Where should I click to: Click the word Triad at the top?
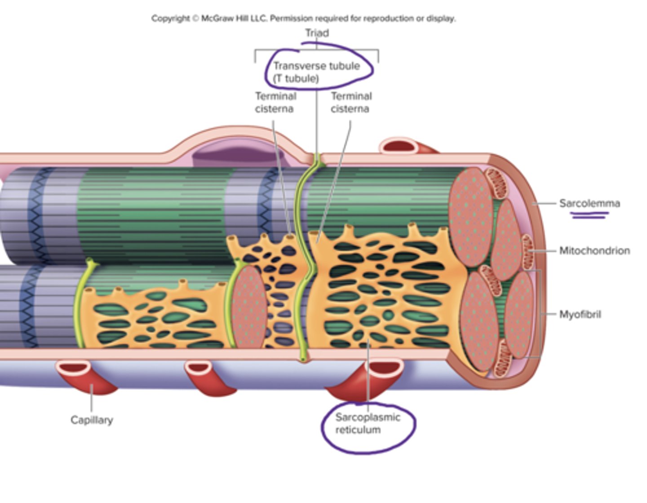(x=317, y=33)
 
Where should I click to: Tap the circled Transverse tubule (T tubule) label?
(x=316, y=72)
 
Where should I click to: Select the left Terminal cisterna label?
(x=275, y=102)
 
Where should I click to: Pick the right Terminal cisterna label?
(x=351, y=102)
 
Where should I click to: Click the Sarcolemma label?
(x=589, y=203)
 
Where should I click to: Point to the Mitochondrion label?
(x=594, y=251)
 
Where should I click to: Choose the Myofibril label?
(x=580, y=314)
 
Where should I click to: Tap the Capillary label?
(x=92, y=420)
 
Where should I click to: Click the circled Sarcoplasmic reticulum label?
(x=367, y=424)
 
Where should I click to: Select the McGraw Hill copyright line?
(x=303, y=18)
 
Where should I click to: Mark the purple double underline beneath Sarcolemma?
(x=589, y=216)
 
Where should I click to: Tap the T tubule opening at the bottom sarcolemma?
(x=303, y=359)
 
